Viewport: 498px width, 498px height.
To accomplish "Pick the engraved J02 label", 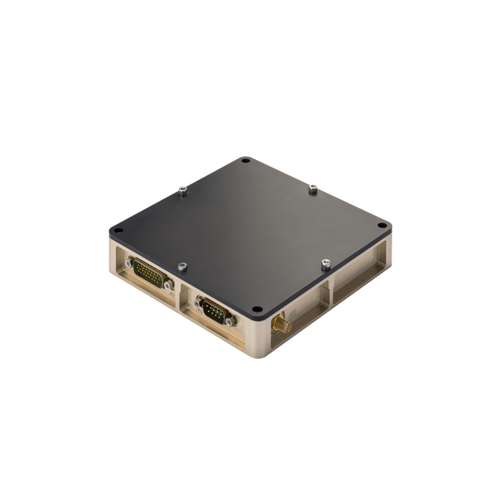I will [x=198, y=312].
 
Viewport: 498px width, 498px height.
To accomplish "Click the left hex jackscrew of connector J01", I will [x=128, y=263].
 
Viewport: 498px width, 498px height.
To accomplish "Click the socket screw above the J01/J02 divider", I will [x=181, y=267].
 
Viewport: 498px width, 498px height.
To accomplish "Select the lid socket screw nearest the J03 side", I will [x=325, y=264].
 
